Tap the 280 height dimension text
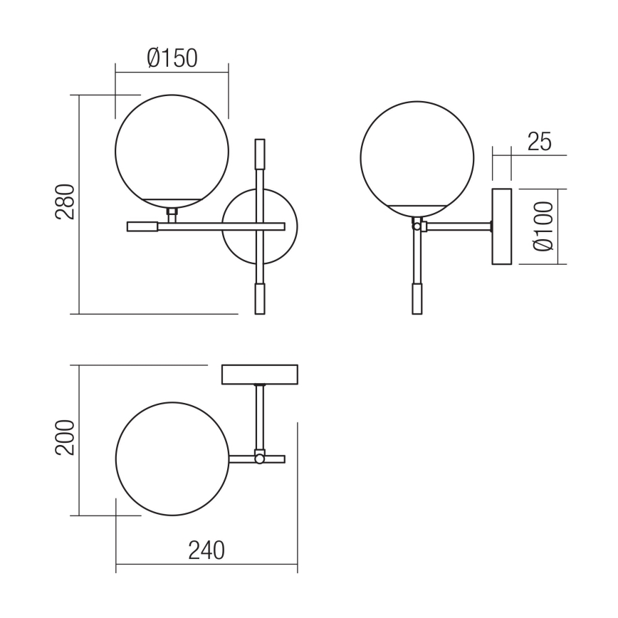point(66,203)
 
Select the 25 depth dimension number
point(539,142)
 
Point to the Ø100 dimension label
point(543,226)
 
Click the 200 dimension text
point(66,439)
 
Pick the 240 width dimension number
point(206,550)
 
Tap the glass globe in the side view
point(417,153)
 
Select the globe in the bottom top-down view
point(172,459)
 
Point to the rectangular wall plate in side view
point(502,226)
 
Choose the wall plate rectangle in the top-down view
point(260,375)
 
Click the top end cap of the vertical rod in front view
point(260,152)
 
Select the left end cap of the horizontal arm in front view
point(142,226)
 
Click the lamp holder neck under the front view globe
point(172,214)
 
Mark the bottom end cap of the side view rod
point(417,299)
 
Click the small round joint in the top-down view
point(260,459)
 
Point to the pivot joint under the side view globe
point(417,226)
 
